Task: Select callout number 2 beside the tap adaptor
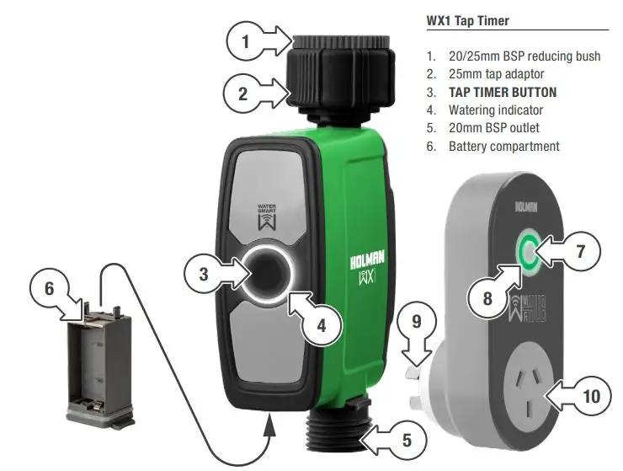(243, 94)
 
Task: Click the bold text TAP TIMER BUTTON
(503, 92)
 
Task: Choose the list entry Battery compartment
(503, 146)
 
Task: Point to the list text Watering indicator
(495, 110)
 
